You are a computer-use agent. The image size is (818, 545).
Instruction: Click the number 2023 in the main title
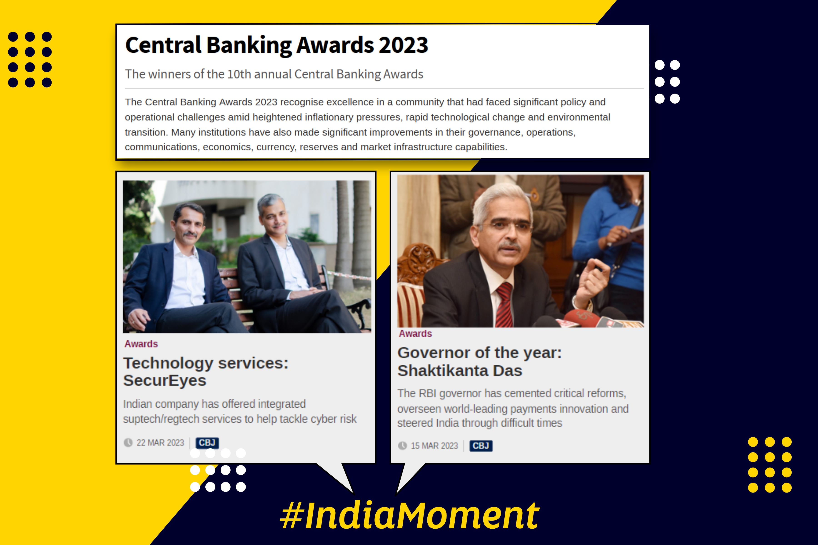click(x=404, y=45)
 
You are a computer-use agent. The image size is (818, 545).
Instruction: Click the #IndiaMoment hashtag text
click(x=410, y=515)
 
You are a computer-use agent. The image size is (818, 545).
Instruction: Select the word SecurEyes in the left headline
click(x=165, y=381)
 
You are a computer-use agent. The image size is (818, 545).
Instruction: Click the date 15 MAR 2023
click(x=434, y=446)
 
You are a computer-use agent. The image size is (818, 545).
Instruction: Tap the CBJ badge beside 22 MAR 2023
click(x=207, y=442)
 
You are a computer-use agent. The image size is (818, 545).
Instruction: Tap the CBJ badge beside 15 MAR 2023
click(x=481, y=446)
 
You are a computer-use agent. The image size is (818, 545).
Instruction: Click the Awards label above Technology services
click(x=141, y=344)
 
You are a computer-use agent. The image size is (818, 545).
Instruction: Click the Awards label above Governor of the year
click(x=415, y=334)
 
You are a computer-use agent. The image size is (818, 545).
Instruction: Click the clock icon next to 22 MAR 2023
click(x=128, y=442)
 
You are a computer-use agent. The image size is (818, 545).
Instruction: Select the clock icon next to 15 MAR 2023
click(x=402, y=446)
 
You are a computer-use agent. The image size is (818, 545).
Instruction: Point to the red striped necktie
click(x=505, y=305)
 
